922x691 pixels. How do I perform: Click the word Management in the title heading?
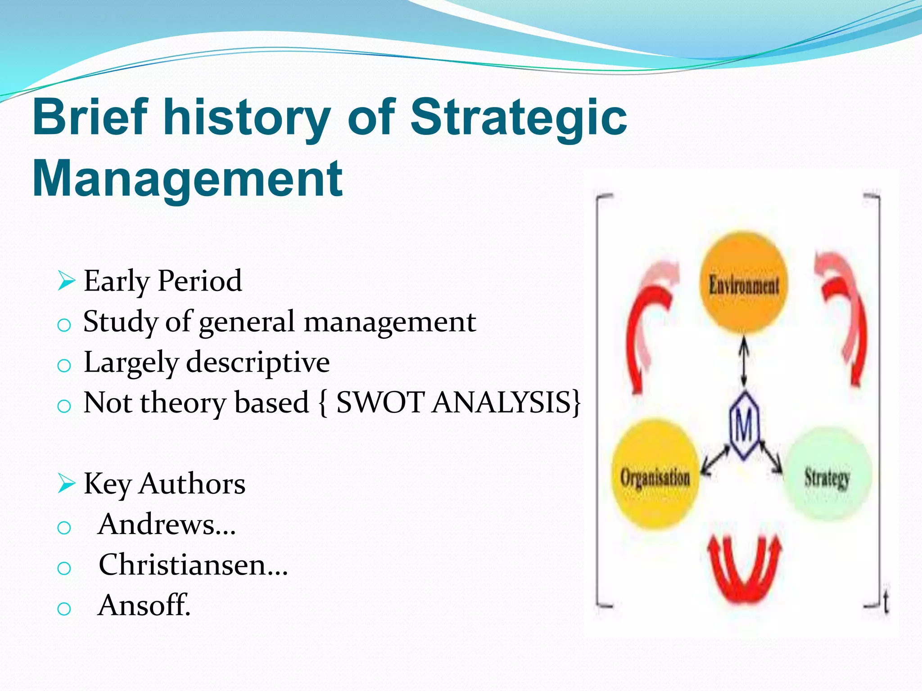tap(188, 179)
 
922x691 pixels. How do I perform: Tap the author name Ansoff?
tap(144, 606)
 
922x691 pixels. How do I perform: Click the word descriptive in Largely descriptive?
tap(258, 363)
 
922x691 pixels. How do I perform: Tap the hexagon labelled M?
tap(744, 425)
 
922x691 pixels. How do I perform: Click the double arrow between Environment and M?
tap(744, 362)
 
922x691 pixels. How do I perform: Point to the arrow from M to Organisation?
tap(716, 460)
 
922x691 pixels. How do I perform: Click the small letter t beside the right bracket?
tap(886, 603)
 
